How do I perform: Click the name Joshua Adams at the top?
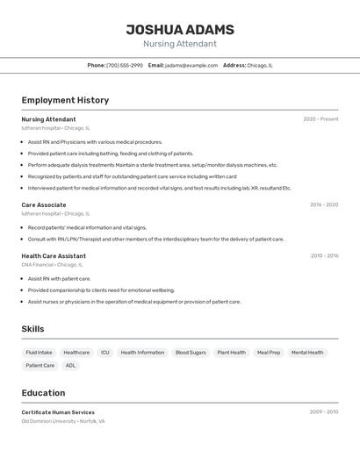179,29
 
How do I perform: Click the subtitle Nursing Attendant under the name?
179,44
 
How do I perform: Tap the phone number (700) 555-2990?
124,65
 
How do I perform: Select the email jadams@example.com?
191,65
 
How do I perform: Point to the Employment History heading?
65,100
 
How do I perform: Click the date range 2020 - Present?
320,119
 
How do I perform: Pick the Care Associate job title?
44,204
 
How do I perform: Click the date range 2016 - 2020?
324,204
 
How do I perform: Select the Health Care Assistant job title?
54,256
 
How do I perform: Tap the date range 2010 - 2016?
324,256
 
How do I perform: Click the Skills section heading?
32,329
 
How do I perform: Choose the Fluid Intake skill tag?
39,353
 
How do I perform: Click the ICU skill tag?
105,353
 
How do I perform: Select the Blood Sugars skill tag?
191,353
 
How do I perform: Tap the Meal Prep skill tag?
269,353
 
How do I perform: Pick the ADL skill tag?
70,366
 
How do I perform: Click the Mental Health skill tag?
307,353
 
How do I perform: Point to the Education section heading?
43,393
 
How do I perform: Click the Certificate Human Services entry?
58,412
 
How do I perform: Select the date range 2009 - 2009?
324,411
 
